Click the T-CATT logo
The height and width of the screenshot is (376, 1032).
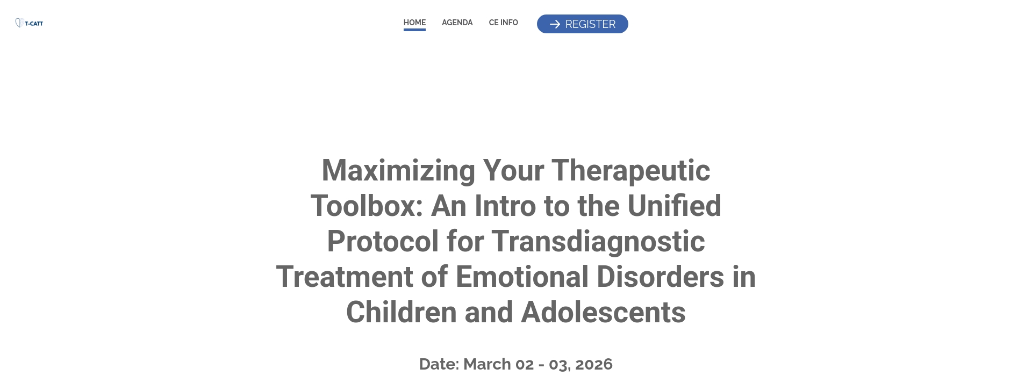29,23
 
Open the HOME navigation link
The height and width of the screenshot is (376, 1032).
414,22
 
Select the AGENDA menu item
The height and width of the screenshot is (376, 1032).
457,23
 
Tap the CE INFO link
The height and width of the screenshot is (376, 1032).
503,23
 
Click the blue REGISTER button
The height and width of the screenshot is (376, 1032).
582,24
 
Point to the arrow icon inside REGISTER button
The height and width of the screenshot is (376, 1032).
555,24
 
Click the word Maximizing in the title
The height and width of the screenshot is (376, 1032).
398,171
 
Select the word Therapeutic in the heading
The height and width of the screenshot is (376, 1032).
630,171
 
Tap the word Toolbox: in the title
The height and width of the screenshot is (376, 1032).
367,206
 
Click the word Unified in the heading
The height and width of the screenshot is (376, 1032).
674,206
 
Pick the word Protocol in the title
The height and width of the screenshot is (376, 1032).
382,242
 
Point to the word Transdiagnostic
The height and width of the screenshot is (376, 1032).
598,242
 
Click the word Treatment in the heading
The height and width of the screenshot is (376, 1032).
344,277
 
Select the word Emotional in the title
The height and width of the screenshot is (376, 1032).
522,277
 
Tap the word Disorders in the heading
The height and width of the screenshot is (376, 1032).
660,277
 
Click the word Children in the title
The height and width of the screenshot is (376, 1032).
401,313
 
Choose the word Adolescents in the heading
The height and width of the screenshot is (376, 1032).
603,313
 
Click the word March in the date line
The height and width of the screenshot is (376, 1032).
486,364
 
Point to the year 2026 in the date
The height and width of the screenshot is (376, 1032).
593,364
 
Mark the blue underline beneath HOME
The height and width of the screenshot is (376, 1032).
414,30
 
